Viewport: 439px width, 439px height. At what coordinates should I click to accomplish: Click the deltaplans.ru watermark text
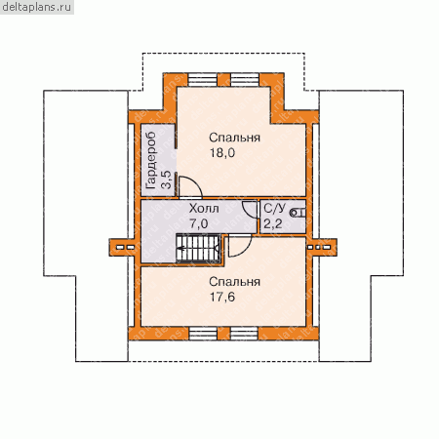[x=37, y=7]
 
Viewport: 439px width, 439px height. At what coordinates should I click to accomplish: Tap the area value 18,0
[x=222, y=152]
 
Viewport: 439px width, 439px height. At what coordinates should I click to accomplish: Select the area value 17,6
[x=222, y=297]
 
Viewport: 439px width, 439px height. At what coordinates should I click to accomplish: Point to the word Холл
[x=204, y=208]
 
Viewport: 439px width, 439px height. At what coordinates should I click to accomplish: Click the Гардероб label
[x=150, y=161]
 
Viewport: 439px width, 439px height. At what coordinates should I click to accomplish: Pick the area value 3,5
[x=166, y=180]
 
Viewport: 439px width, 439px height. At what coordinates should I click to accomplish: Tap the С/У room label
[x=275, y=208]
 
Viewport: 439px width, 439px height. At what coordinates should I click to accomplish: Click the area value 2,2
[x=273, y=223]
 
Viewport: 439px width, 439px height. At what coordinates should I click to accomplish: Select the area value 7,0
[x=199, y=223]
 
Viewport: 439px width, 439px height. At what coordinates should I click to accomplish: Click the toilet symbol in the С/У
[x=298, y=213]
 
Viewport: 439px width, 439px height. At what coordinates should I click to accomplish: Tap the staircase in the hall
[x=198, y=248]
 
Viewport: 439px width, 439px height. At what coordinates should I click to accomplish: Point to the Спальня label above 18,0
[x=234, y=138]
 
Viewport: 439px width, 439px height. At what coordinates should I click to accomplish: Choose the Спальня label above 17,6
[x=234, y=282]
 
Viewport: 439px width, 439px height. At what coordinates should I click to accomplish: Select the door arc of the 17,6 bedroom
[x=246, y=251]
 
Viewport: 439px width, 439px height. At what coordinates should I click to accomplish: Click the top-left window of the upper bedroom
[x=203, y=80]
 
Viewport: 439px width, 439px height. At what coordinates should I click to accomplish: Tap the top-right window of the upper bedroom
[x=245, y=80]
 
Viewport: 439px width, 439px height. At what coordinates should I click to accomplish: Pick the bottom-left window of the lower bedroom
[x=203, y=334]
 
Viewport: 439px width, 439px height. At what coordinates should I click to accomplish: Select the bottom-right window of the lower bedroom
[x=244, y=334]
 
